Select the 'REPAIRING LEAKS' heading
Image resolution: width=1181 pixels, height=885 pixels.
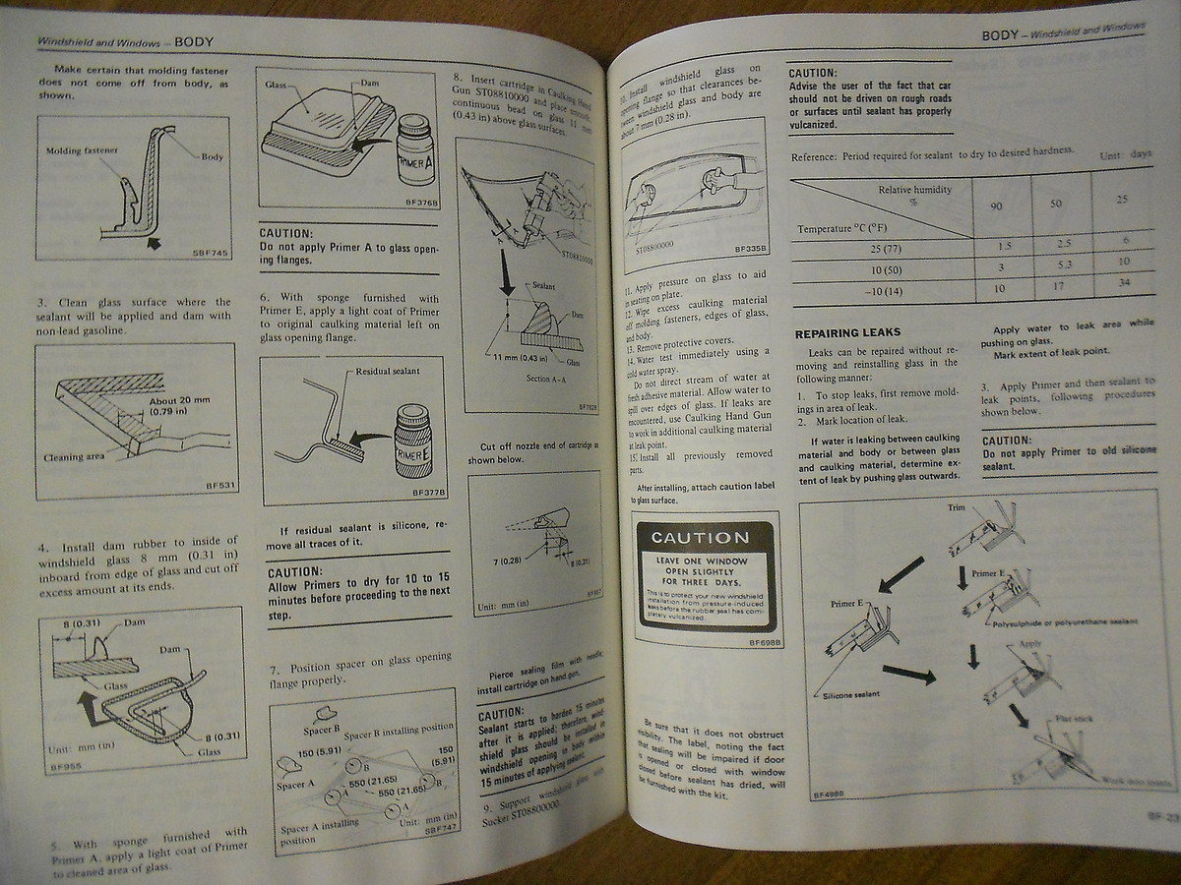847,332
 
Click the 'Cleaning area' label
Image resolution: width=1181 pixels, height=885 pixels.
75,457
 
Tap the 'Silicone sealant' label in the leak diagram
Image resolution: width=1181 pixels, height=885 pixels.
841,695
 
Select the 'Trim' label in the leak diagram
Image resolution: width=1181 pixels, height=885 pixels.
957,507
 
